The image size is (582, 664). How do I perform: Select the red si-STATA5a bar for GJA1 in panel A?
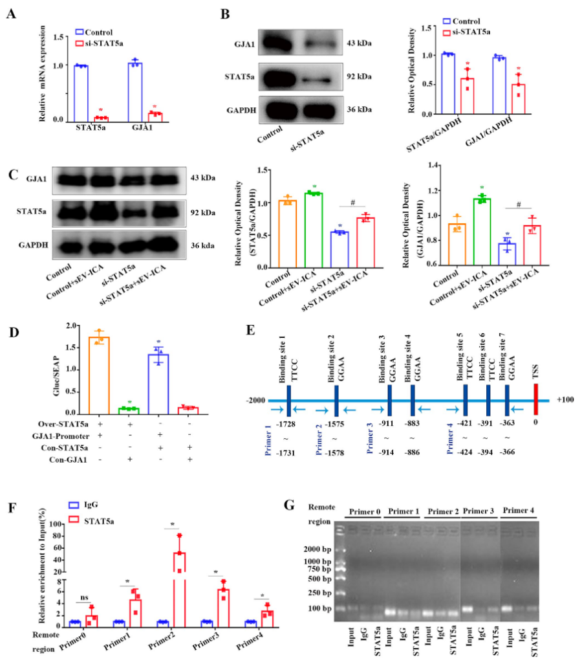coord(155,116)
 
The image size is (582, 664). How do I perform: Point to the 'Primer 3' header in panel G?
coord(480,512)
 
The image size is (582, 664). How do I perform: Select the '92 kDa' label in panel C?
coord(204,212)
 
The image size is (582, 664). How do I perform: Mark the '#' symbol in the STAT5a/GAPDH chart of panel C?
coord(353,203)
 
